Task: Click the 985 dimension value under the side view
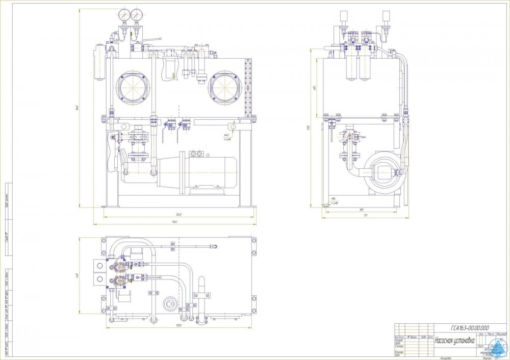pyautogui.click(x=361, y=210)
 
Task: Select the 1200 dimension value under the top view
pyautogui.click(x=178, y=325)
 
